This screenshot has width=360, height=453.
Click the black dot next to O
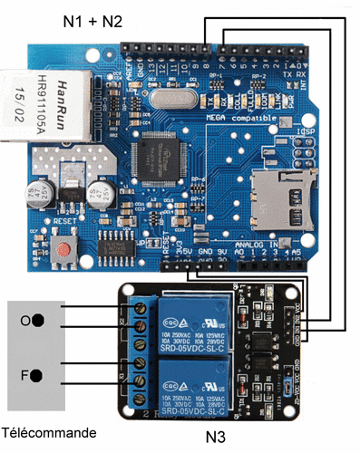pyautogui.click(x=38, y=320)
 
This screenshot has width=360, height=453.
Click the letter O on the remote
pyautogui.click(x=24, y=321)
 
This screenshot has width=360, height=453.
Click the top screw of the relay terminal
pyautogui.click(x=142, y=309)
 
